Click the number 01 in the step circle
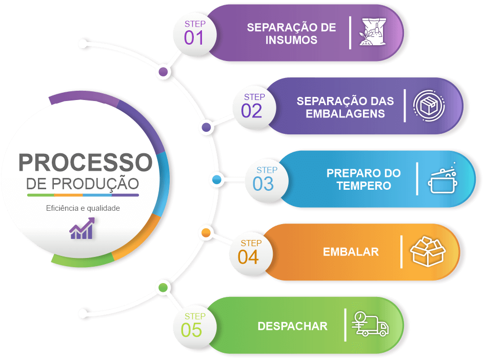point(194,38)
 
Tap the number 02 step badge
point(252,111)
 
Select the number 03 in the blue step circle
point(264,184)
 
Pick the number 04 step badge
point(249,256)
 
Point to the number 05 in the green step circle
point(192,330)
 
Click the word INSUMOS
point(292,40)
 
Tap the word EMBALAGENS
point(345,113)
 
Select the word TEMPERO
point(363,186)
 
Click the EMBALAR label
point(351,252)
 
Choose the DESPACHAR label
point(292,326)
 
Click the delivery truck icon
point(370,324)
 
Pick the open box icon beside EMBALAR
point(428,251)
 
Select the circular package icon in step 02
point(429,106)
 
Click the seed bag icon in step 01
point(373,33)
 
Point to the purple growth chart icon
point(83,229)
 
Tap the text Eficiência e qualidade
point(83,208)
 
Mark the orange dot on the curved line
point(206,233)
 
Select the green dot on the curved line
point(163,288)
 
